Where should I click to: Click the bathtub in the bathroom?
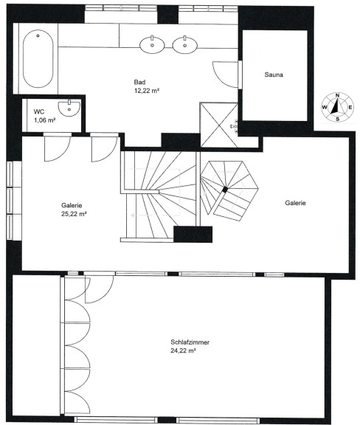[x=38, y=58]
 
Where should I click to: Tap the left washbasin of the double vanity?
[x=152, y=45]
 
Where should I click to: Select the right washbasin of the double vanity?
[x=185, y=45]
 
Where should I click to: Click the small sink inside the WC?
[x=69, y=108]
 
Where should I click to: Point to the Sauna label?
[x=274, y=75]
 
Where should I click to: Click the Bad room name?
[x=139, y=82]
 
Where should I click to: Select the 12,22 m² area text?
[x=146, y=91]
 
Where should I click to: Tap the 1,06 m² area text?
[x=45, y=120]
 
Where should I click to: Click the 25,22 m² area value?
[x=74, y=214]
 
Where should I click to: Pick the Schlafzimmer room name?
[x=190, y=342]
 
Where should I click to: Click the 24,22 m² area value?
[x=183, y=350]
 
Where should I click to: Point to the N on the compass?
[x=338, y=95]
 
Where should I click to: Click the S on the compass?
[x=338, y=119]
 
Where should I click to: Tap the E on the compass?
[x=350, y=107]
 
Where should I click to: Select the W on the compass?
[x=325, y=107]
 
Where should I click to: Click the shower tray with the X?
[x=219, y=125]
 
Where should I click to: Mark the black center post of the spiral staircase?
[x=225, y=190]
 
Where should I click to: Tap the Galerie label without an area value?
[x=296, y=203]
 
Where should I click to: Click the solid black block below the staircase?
[x=193, y=234]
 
